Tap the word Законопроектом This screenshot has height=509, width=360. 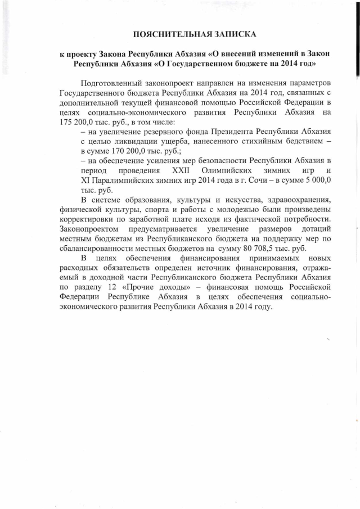pos(89,228)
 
